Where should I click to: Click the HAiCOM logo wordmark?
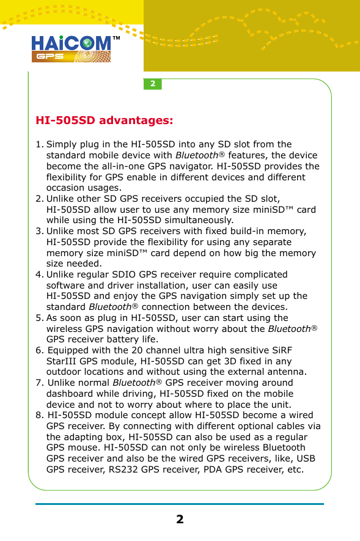71,43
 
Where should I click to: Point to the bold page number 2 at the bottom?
180,520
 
